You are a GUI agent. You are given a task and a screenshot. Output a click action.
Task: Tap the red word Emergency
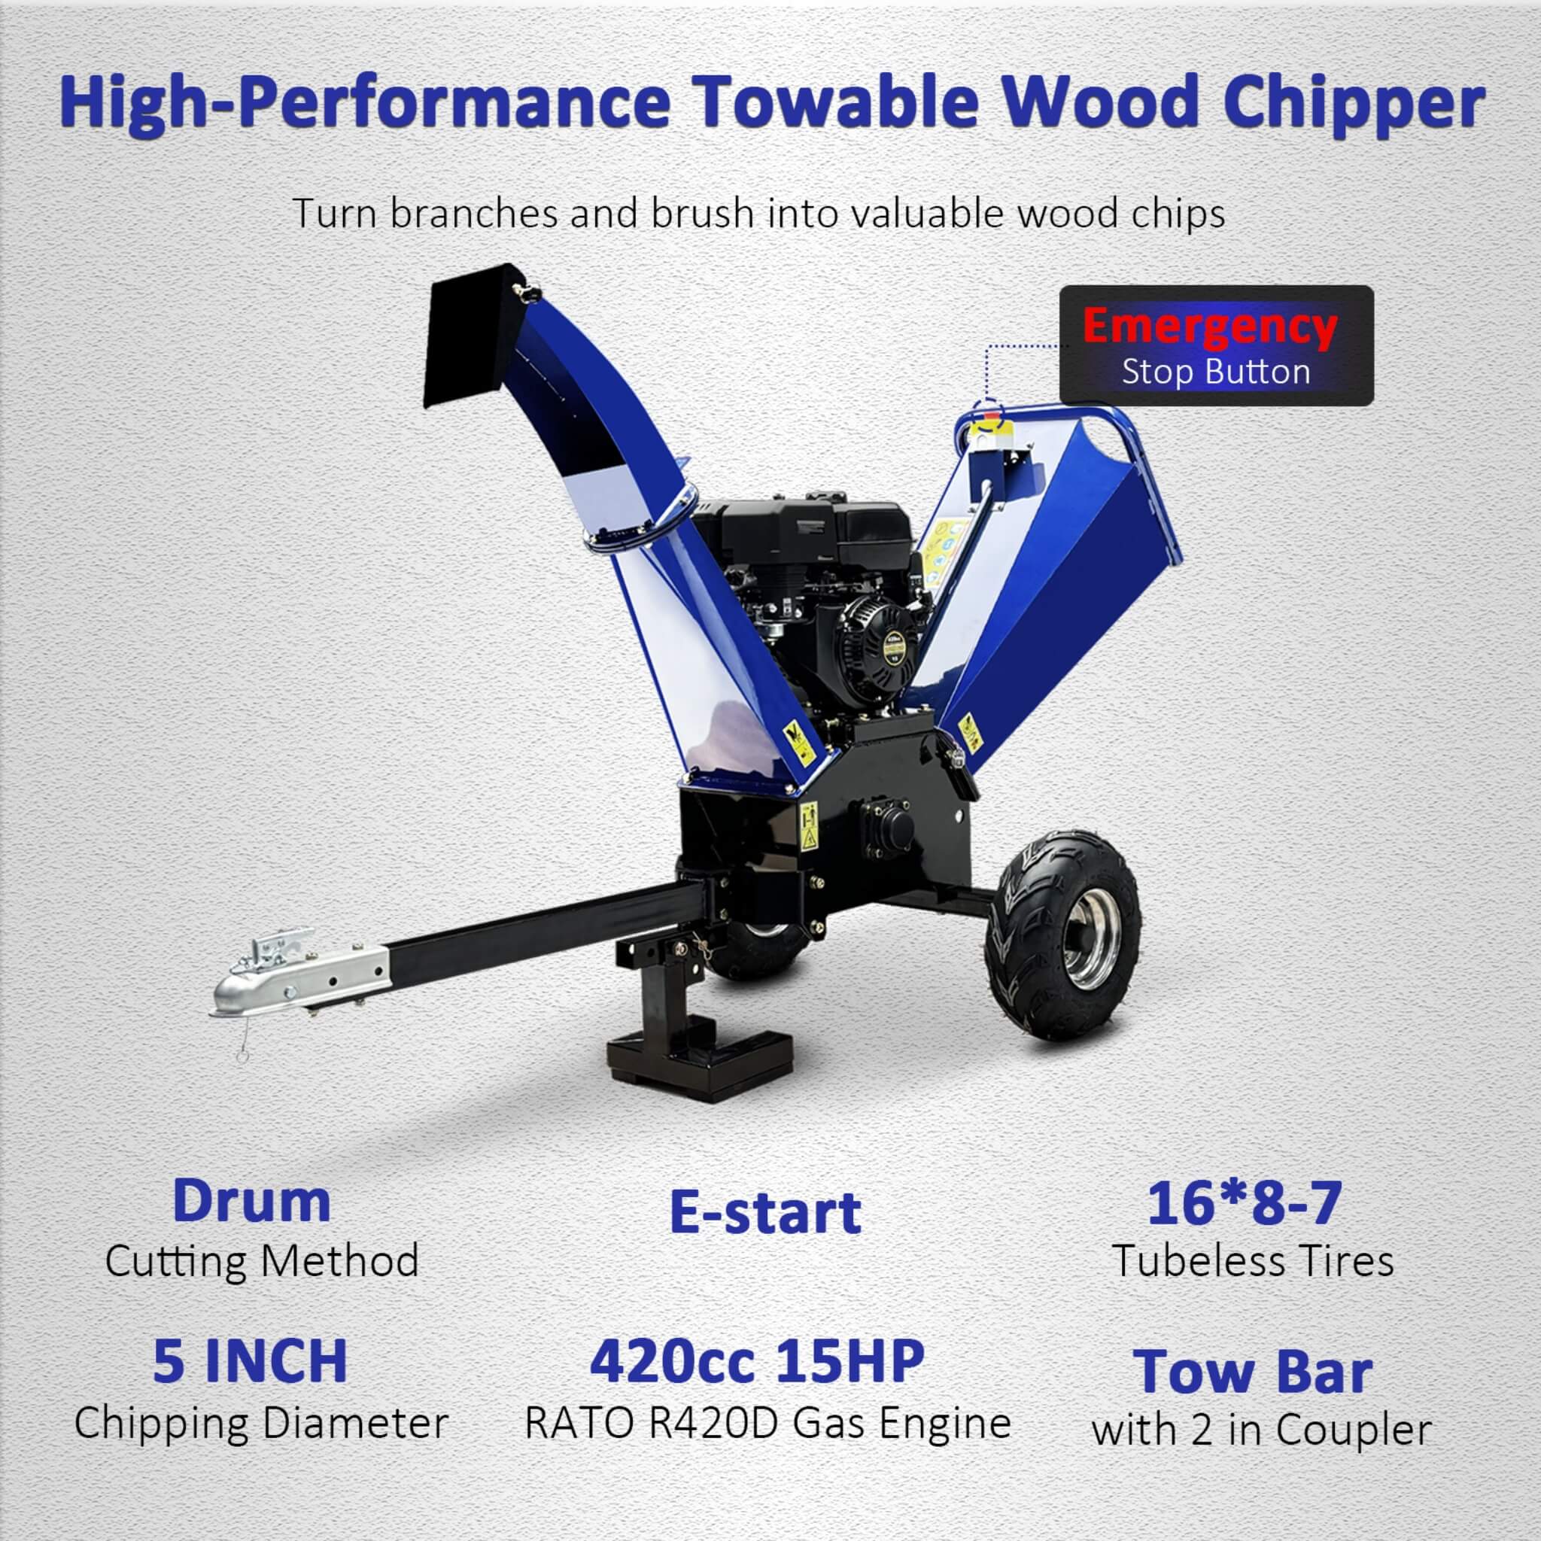pos(1210,327)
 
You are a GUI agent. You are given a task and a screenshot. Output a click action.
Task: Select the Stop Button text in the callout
pos(1216,372)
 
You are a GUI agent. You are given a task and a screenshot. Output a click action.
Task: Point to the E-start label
pos(765,1213)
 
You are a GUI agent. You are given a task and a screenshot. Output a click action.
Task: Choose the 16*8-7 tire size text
pos(1245,1205)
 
